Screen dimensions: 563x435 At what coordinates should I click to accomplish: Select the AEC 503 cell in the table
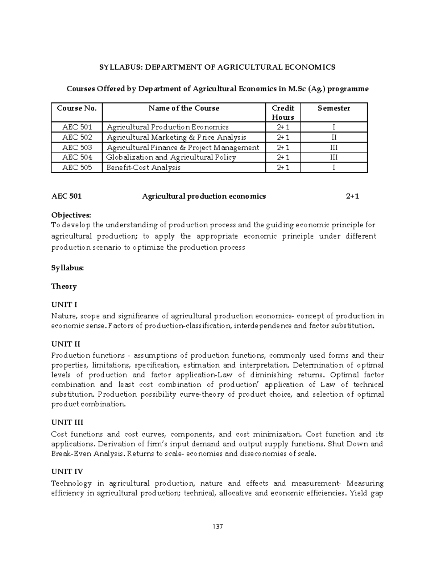coord(77,147)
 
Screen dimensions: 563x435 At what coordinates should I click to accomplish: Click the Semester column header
coord(333,108)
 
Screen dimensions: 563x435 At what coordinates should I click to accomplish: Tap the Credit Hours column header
coord(283,112)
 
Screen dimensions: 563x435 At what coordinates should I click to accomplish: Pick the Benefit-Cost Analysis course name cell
coord(143,167)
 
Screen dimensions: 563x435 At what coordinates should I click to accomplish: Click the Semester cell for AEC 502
coord(333,137)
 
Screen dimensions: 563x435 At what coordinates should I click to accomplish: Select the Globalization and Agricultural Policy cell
coord(171,157)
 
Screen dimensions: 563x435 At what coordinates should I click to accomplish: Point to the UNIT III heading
coord(67,422)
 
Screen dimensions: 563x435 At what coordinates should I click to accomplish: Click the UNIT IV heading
coord(67,472)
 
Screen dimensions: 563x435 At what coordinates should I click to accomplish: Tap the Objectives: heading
coord(71,215)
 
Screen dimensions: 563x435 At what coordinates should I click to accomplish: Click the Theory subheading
coord(64,286)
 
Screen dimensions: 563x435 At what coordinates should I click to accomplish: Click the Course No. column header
coord(77,108)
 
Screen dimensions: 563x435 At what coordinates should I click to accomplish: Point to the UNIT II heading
coord(66,344)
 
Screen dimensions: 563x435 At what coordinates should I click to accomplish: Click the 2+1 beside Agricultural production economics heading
coord(352,196)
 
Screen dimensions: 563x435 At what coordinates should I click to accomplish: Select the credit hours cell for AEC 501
coord(283,127)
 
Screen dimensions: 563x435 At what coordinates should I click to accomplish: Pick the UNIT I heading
coord(64,305)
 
